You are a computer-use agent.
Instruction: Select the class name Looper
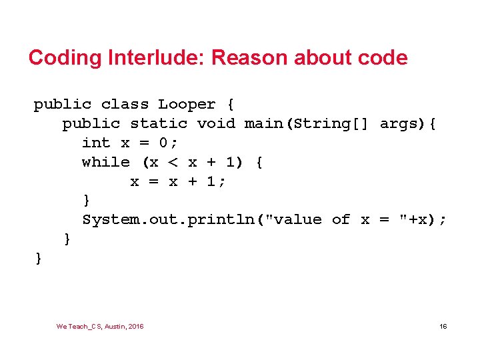click(x=187, y=105)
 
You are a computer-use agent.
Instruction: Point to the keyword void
click(x=216, y=124)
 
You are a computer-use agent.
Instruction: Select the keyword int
click(x=96, y=143)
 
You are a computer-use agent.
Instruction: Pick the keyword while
click(x=106, y=162)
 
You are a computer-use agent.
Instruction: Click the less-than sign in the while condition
click(x=173, y=162)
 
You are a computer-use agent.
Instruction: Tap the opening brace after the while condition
click(x=259, y=162)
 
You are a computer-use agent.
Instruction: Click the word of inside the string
click(x=341, y=220)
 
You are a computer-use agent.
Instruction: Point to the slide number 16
click(x=443, y=326)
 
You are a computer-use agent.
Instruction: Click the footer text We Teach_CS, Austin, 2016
click(x=100, y=326)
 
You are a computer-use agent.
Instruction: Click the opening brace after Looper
click(x=231, y=105)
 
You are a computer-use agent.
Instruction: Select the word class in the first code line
click(x=125, y=105)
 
